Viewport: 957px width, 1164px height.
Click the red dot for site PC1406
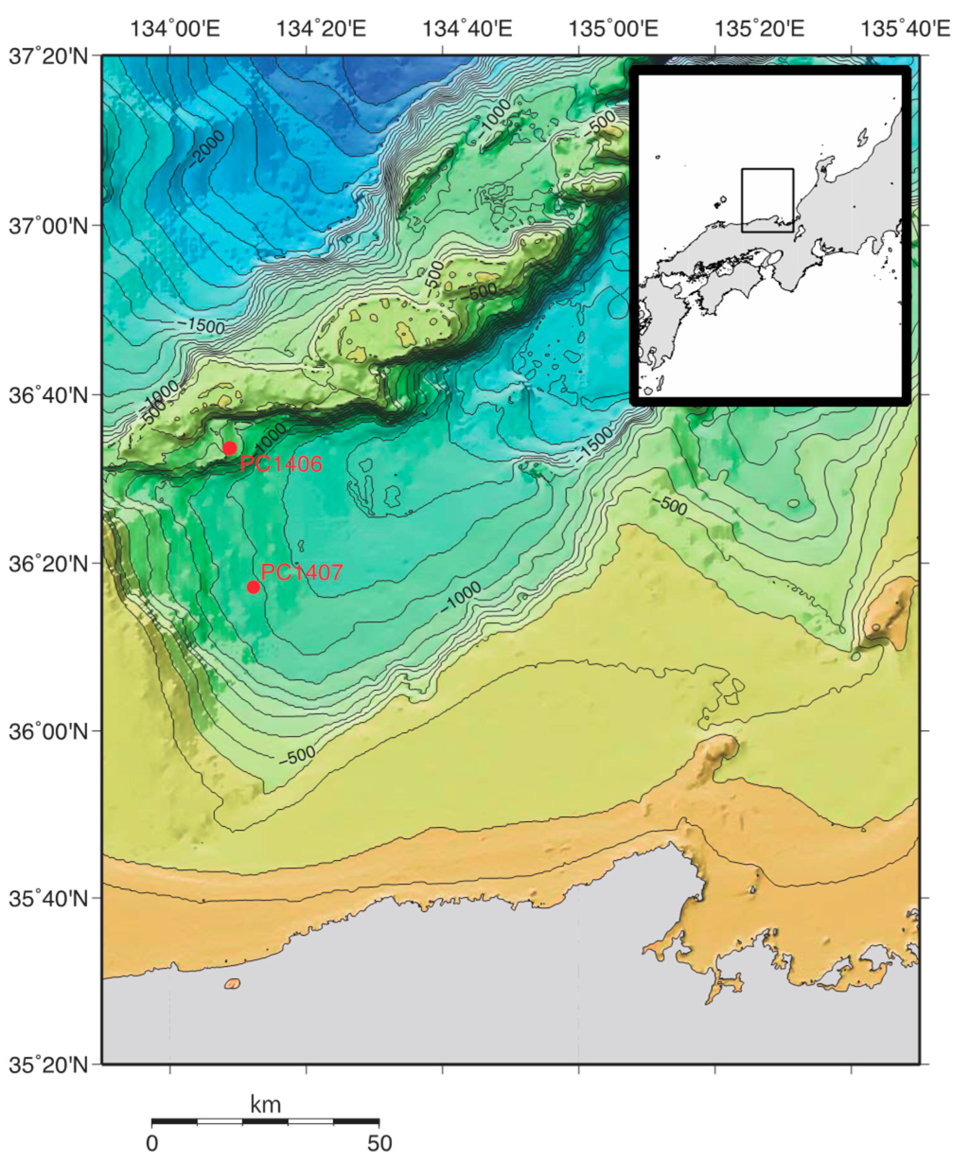point(230,448)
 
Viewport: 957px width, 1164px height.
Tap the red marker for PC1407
point(253,587)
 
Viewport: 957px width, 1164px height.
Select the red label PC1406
point(281,464)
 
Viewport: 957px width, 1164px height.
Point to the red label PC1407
point(301,573)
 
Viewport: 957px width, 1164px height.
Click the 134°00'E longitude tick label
point(176,29)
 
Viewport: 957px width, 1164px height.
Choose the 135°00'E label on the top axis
point(613,29)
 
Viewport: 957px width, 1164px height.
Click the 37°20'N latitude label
point(49,56)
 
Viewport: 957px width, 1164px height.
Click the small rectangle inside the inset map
point(767,200)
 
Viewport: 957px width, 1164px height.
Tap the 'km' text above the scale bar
point(265,1104)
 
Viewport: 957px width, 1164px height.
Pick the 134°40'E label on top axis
point(467,29)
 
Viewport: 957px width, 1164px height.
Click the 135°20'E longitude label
point(759,29)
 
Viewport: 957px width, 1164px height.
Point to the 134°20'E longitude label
point(321,29)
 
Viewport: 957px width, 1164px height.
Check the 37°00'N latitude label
point(49,226)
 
